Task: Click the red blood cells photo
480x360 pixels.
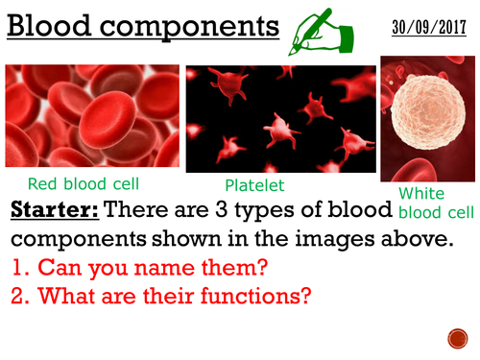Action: coord(92,117)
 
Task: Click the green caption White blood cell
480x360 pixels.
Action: coord(433,202)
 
